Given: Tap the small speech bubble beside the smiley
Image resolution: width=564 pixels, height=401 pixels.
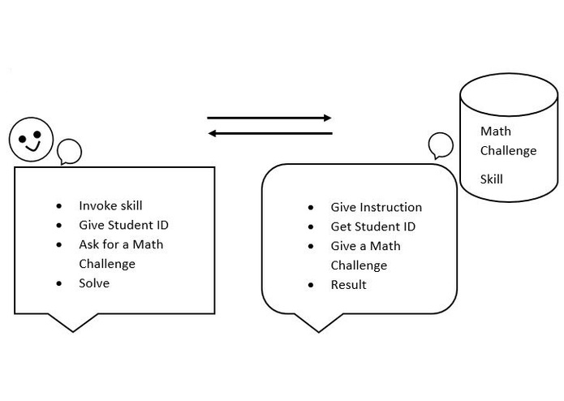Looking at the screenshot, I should (x=69, y=151).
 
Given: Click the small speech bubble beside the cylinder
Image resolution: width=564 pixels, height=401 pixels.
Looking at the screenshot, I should (x=441, y=145).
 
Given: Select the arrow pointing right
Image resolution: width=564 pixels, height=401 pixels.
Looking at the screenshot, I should (x=269, y=118).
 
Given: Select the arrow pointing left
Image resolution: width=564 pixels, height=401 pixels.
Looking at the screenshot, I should (x=269, y=133).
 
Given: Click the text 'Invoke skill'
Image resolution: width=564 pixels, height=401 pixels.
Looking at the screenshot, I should (x=110, y=205).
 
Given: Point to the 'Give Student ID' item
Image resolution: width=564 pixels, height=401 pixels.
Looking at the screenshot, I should (x=123, y=225).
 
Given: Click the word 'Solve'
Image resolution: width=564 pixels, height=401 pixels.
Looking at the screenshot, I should (x=94, y=283).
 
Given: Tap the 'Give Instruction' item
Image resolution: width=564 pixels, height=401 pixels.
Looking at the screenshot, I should (x=376, y=207).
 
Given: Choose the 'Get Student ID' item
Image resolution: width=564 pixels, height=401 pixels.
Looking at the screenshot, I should (x=372, y=226).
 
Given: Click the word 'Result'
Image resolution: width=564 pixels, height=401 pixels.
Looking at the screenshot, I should (x=348, y=285).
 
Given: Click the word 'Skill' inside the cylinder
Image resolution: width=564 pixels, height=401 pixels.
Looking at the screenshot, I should (x=491, y=179).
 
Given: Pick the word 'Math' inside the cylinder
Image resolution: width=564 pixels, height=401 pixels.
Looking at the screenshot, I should (x=496, y=131).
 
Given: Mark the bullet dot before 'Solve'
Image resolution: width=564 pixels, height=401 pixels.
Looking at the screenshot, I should (x=59, y=283).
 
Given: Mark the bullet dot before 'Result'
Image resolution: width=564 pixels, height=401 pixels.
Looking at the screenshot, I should (x=311, y=285).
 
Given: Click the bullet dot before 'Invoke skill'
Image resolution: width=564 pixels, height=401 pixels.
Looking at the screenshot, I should (x=59, y=206).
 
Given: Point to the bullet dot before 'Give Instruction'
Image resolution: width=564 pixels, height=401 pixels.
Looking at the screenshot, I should (x=311, y=208).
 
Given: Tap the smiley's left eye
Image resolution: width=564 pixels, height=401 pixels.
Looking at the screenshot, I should (x=24, y=132).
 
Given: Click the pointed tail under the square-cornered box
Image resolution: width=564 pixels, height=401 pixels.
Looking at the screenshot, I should (x=73, y=323).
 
